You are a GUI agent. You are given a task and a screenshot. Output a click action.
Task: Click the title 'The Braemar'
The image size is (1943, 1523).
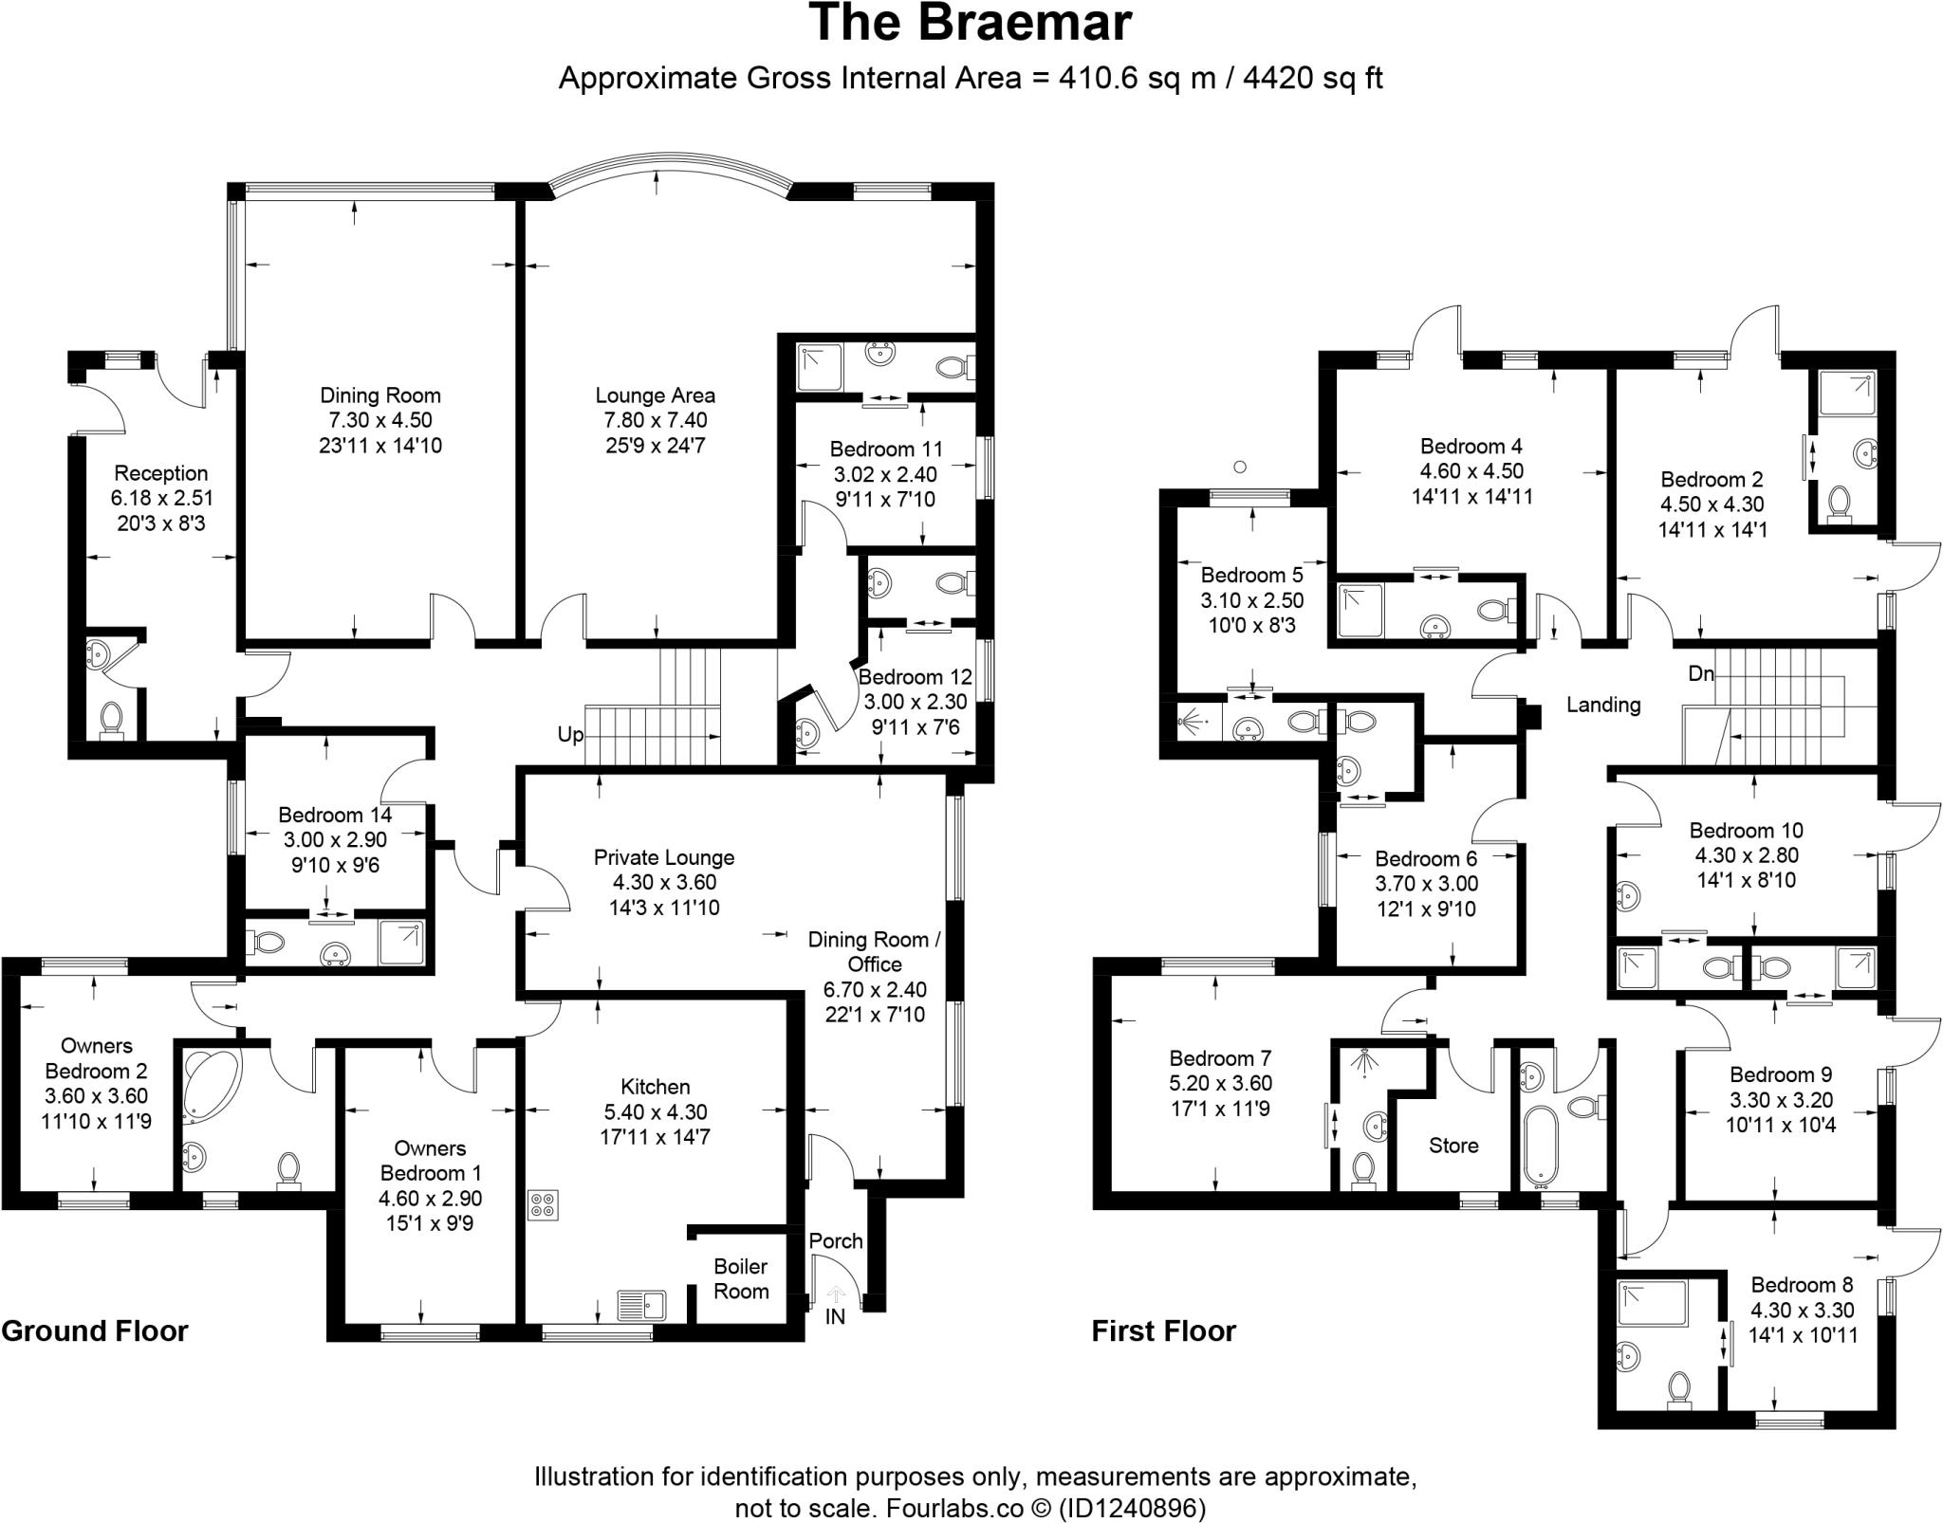971,24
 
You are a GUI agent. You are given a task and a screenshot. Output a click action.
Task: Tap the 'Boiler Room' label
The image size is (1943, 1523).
741,1279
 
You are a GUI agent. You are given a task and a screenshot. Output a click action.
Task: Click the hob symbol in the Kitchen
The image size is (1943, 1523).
544,1205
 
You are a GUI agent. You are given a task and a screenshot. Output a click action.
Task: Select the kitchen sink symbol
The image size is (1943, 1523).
642,1306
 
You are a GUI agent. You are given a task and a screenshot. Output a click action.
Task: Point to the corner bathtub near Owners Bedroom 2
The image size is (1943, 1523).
211,1081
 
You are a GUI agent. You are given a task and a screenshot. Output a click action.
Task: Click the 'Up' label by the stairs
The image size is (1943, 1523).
570,735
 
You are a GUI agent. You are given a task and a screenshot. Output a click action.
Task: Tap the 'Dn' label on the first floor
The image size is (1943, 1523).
1701,673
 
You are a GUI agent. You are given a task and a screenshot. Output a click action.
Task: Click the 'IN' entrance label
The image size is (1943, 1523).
835,1316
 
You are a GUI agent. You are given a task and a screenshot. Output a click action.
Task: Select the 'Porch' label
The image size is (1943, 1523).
836,1240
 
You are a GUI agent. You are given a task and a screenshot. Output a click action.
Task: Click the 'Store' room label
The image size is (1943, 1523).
1453,1146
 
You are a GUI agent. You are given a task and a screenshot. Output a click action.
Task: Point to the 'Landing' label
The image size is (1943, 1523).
1603,705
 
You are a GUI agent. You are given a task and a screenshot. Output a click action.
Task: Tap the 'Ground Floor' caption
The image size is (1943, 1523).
95,1330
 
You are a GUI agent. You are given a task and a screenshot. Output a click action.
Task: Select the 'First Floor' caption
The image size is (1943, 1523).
1163,1330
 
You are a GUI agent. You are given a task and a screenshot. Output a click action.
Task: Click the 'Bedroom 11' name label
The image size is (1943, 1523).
886,449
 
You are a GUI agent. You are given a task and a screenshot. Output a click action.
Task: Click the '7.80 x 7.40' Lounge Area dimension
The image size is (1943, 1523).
655,420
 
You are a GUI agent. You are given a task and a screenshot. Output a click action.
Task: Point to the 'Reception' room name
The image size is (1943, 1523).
161,473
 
